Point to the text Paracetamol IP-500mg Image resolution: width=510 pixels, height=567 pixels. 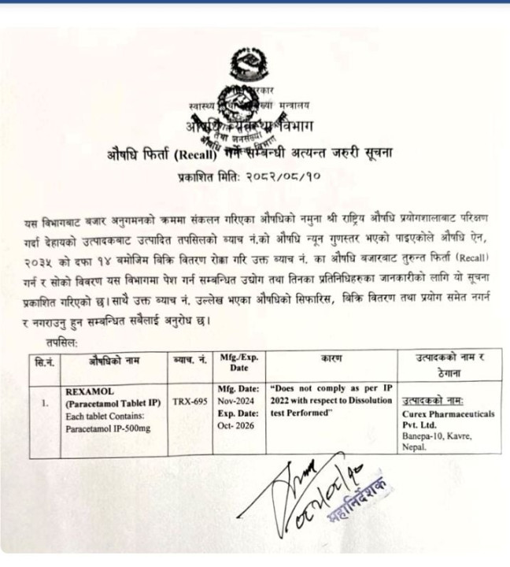click(x=106, y=429)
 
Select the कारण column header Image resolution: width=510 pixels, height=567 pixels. click(x=331, y=358)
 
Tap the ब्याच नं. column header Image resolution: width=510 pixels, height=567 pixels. click(x=189, y=358)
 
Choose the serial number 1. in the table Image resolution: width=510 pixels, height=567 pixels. click(x=44, y=402)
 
